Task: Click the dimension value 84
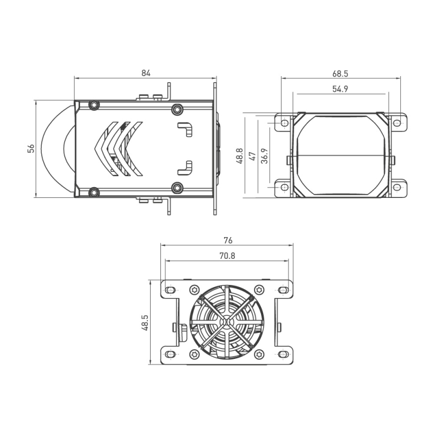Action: [145, 72]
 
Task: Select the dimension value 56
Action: [31, 148]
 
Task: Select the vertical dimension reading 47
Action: [252, 156]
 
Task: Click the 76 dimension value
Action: [228, 240]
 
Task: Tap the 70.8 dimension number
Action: [228, 256]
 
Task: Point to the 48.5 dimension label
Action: [144, 322]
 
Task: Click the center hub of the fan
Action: [227, 322]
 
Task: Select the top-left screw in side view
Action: [95, 105]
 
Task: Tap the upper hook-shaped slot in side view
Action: [187, 128]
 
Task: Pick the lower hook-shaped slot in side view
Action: [187, 167]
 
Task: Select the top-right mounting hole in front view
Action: [397, 123]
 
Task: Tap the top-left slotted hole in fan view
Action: [171, 291]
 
